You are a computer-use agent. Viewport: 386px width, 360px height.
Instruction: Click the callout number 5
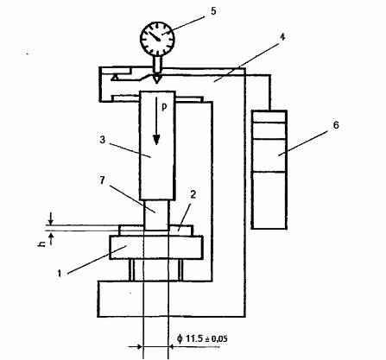(x=212, y=11)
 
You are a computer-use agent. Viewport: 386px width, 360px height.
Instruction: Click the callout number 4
(x=282, y=37)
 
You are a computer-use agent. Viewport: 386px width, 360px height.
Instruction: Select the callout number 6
(x=335, y=125)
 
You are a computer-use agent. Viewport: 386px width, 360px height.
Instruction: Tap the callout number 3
(x=103, y=140)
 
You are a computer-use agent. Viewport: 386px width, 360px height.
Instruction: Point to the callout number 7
(x=103, y=181)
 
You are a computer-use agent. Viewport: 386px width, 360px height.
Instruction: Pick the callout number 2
(x=193, y=194)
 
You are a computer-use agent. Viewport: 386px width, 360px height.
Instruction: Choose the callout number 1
(x=60, y=273)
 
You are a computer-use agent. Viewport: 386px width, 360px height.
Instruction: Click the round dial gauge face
(x=157, y=38)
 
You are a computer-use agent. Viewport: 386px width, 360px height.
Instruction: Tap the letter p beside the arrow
(x=164, y=107)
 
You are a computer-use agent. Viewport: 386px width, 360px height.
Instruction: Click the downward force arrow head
(x=156, y=139)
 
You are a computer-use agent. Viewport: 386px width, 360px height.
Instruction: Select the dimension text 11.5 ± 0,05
(x=202, y=338)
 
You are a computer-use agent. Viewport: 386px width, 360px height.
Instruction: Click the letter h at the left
(x=41, y=244)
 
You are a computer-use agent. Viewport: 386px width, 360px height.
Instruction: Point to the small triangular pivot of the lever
(x=115, y=77)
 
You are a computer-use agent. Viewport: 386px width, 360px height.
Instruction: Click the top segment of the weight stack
(x=269, y=117)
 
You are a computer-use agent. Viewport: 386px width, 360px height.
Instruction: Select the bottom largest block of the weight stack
(x=269, y=200)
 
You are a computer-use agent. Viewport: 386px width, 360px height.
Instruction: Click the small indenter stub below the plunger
(x=155, y=215)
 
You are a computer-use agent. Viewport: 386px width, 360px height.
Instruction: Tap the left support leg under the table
(x=131, y=270)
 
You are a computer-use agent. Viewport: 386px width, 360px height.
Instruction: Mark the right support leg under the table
(x=180, y=270)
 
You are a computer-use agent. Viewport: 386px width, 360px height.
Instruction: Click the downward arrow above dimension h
(x=51, y=218)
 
